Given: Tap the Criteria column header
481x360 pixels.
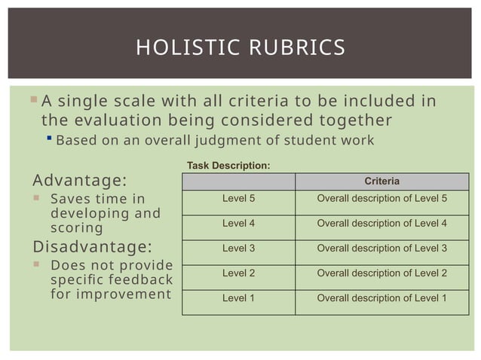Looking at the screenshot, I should click(x=381, y=182).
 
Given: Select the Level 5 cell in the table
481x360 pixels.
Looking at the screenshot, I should click(x=238, y=199).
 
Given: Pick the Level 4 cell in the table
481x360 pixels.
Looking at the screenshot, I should click(x=238, y=224).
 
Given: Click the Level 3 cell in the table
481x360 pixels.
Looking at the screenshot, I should click(x=238, y=248).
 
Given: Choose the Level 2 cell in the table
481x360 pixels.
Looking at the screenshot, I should click(x=238, y=273).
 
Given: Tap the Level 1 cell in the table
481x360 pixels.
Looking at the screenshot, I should click(x=238, y=297).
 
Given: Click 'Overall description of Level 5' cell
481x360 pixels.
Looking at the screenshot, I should click(x=381, y=199).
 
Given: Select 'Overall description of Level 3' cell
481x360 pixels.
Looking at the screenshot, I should click(x=381, y=248).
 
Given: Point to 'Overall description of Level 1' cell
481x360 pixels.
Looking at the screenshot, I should click(x=381, y=297).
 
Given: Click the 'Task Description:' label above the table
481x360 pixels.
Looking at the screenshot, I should click(x=228, y=164).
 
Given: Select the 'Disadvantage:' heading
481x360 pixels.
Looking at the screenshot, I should click(x=92, y=247).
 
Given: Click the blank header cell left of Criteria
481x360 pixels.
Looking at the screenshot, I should click(x=238, y=182).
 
